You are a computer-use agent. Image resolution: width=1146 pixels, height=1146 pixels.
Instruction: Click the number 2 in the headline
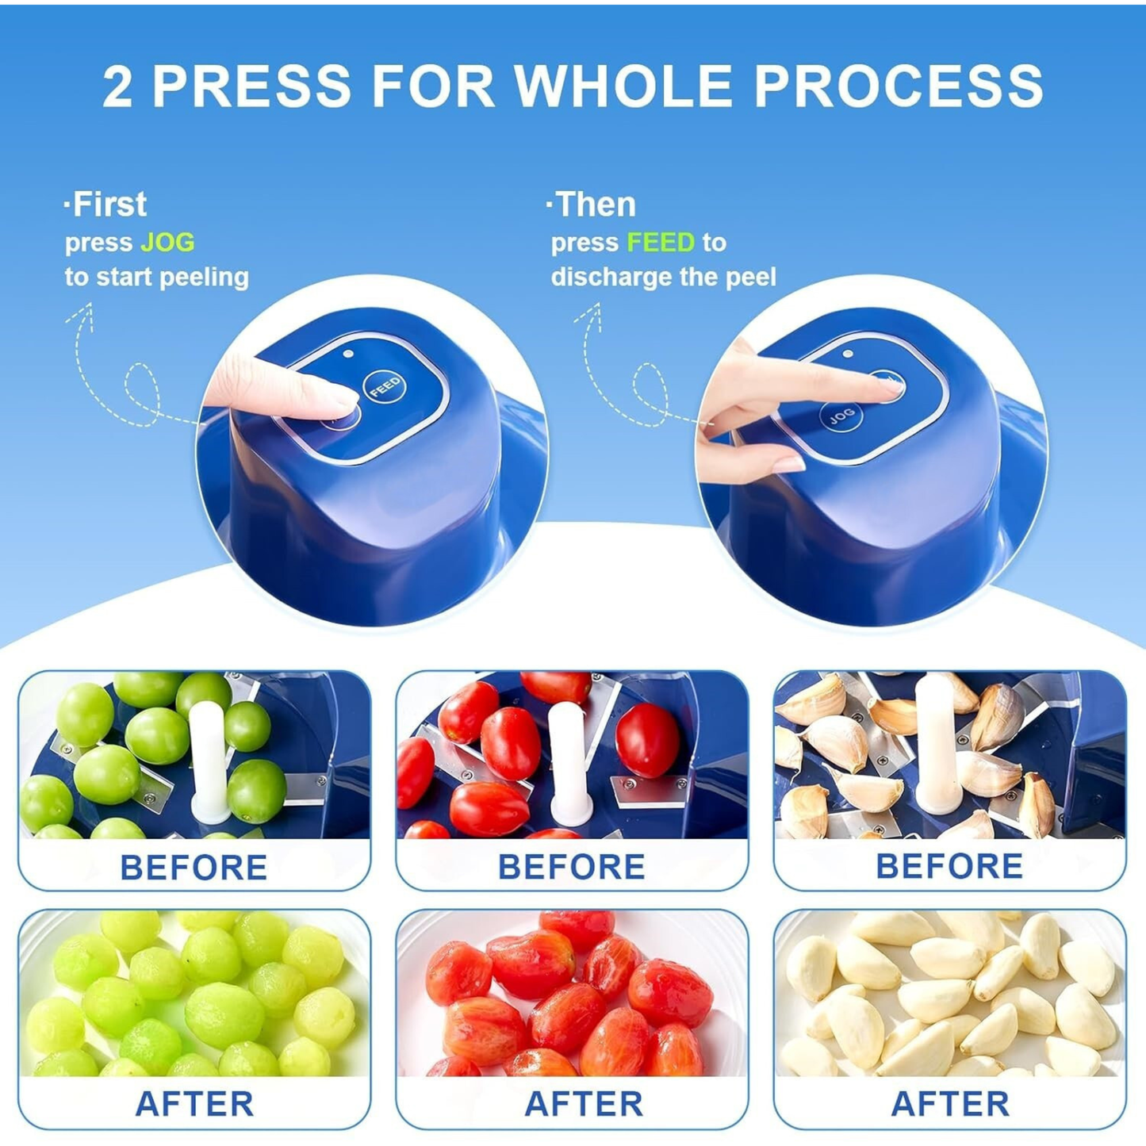[117, 86]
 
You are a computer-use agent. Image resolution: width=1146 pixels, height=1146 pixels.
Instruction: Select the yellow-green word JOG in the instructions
[167, 242]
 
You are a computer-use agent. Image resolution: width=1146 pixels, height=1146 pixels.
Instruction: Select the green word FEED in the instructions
[660, 242]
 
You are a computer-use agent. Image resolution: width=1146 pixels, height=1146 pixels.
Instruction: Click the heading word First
[109, 205]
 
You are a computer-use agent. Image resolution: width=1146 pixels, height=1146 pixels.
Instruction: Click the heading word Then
[595, 205]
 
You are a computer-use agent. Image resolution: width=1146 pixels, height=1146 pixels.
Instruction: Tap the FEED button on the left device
[385, 387]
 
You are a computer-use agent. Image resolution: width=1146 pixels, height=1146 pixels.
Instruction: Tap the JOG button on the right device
[841, 416]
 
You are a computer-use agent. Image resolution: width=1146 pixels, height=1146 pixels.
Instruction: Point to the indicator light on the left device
[349, 355]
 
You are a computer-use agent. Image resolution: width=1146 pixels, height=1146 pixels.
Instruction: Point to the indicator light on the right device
[848, 355]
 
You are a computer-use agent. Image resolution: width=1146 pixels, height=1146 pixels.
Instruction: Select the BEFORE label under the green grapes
[194, 868]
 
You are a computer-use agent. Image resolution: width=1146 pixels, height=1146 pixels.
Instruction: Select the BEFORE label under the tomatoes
[571, 867]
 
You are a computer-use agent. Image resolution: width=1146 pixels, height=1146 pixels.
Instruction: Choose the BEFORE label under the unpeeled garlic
[949, 866]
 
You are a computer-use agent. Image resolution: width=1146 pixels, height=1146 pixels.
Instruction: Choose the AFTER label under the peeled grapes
[194, 1103]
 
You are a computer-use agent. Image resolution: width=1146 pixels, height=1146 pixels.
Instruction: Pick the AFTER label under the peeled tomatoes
[584, 1103]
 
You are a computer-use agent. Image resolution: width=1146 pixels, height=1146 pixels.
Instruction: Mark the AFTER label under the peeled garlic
[950, 1103]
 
